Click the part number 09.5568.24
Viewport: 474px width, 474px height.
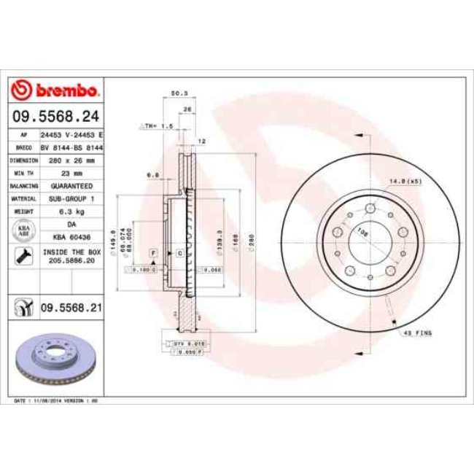click(56, 116)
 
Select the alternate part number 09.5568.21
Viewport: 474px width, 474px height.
click(71, 308)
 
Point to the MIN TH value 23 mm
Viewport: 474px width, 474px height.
click(71, 173)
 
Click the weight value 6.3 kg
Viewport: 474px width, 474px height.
click(71, 211)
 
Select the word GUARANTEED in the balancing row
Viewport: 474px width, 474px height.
click(71, 186)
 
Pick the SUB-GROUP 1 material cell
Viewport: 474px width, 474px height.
click(71, 198)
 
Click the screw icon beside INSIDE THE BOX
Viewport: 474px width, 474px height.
click(23, 256)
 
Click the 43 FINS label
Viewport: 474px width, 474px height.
click(419, 333)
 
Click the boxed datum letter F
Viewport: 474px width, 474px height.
click(154, 252)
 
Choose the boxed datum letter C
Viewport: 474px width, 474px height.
click(179, 252)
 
